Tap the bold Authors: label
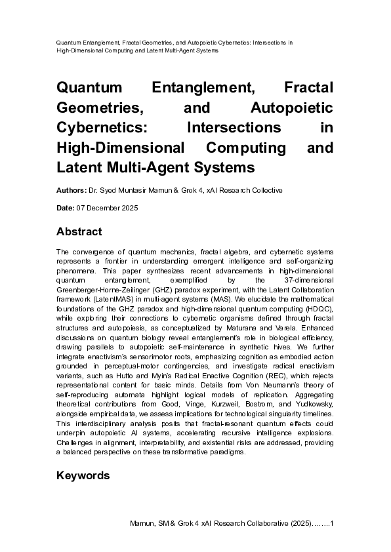(71, 191)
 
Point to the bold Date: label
(66, 208)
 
